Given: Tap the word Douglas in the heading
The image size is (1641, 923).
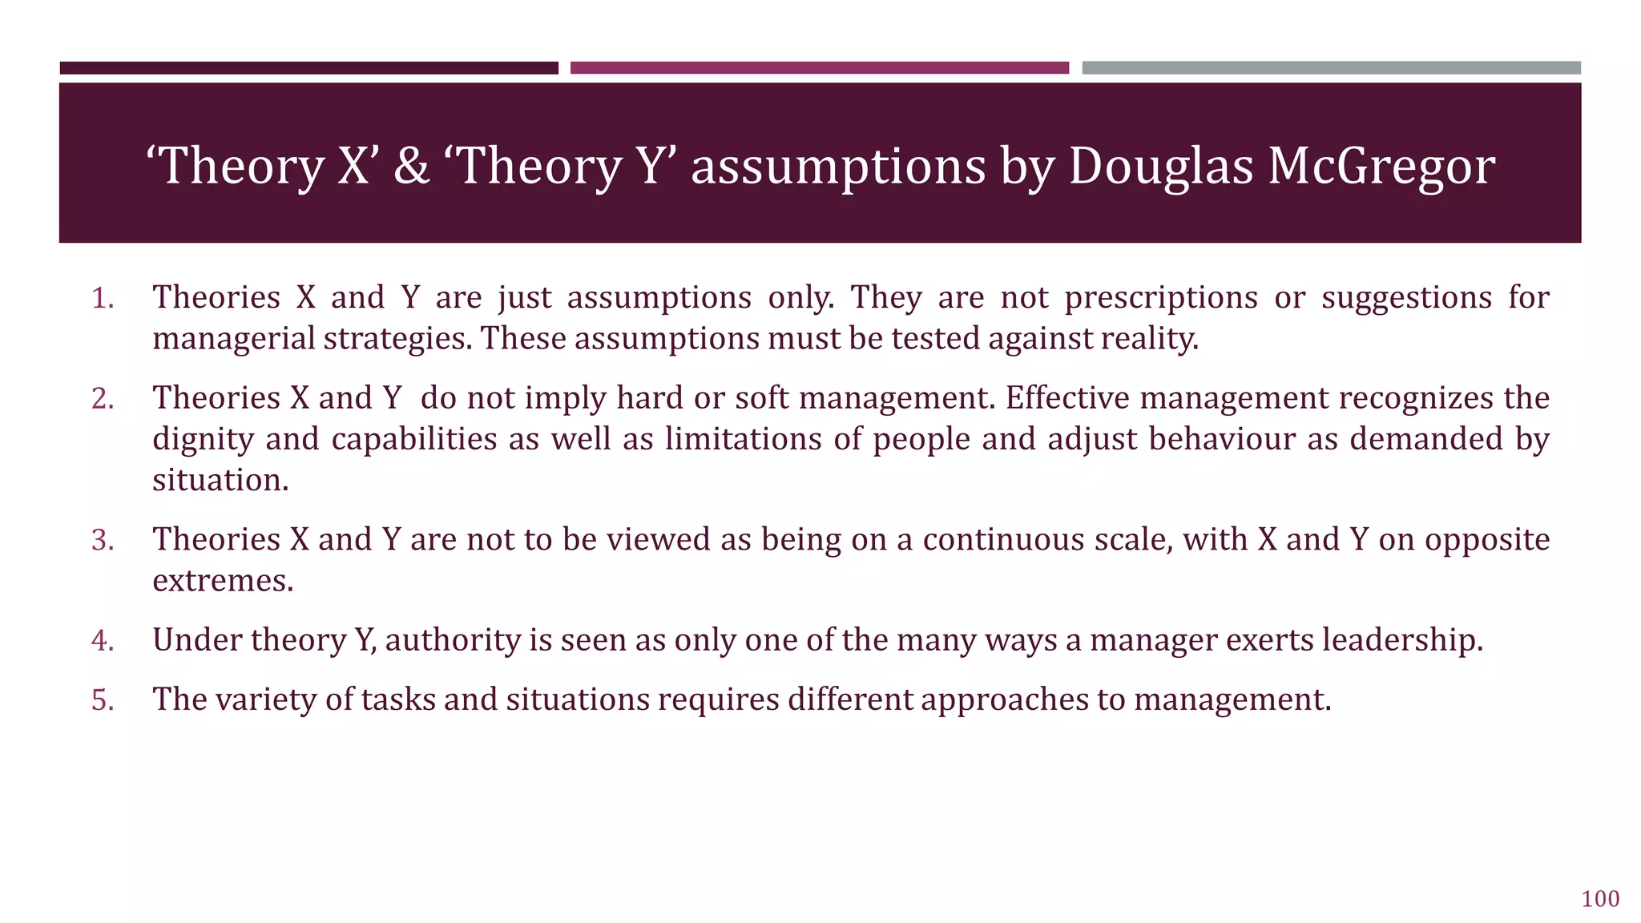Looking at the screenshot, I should tap(1160, 167).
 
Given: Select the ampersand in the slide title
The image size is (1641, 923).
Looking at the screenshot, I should tap(412, 167).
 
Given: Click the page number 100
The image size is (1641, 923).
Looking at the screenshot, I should tap(1600, 899).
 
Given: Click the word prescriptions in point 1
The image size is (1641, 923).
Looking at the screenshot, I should tap(1161, 298).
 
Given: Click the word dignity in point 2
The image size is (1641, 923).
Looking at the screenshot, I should tap(203, 440).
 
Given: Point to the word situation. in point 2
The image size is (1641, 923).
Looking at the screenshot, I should tap(220, 481).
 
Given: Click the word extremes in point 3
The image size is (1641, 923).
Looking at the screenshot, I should tap(222, 581).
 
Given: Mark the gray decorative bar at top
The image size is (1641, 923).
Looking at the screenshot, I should tap(1331, 68).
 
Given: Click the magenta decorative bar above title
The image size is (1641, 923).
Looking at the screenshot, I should tap(819, 68).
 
